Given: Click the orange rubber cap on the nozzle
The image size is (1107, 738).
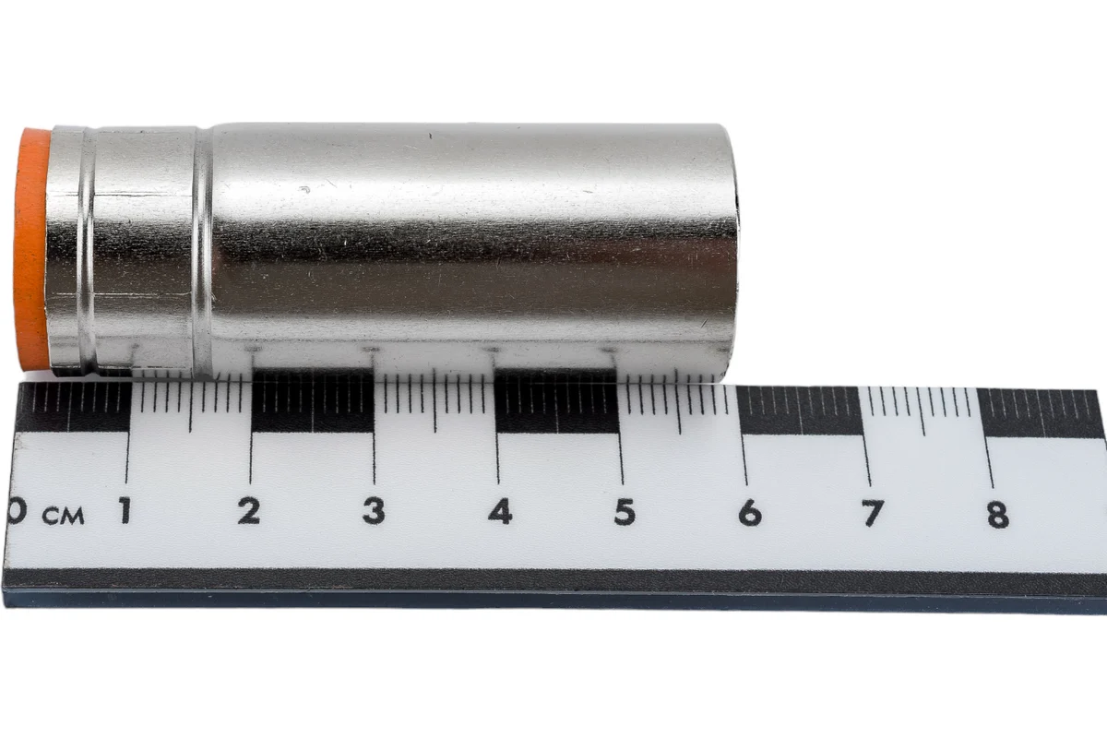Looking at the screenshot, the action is point(30,250).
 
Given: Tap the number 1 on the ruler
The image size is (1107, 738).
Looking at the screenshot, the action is point(125,510).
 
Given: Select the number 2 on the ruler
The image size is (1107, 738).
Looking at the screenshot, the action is point(249,511).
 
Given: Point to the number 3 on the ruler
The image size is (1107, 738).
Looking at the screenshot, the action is point(374,511).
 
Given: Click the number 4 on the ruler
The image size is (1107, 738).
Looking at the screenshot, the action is point(500,511).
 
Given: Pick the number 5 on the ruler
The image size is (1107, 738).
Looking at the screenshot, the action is point(625,512).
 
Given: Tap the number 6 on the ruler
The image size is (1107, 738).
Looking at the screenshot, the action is point(750,513).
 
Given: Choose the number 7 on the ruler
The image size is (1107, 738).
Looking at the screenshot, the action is point(873,514).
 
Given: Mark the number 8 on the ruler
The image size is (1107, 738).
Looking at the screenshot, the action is point(998,515).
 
